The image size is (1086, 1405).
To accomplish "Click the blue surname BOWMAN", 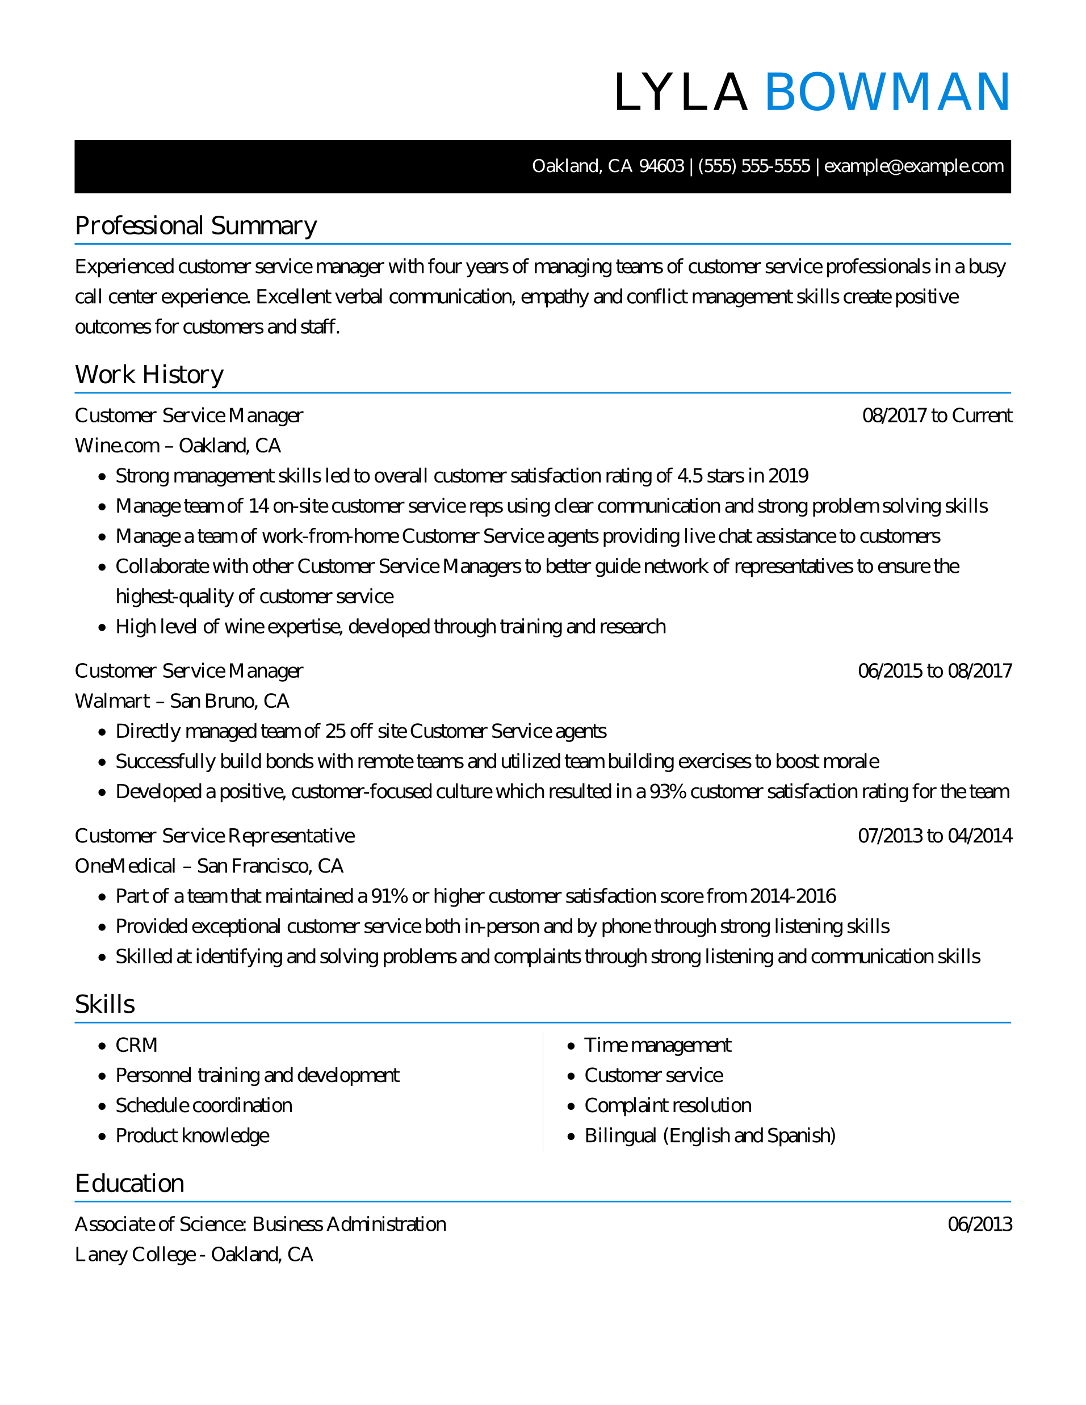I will tap(887, 93).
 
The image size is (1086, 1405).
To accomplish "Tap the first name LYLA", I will tap(681, 93).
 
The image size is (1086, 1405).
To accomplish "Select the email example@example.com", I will tap(913, 166).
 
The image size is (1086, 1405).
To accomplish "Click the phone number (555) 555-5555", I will tap(753, 166).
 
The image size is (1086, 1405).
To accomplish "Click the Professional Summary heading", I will tap(196, 226).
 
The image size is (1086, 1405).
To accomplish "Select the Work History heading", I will tap(149, 375).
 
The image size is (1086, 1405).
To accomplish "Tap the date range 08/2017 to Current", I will tap(937, 416).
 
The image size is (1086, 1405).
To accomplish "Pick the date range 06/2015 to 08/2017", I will tap(935, 671).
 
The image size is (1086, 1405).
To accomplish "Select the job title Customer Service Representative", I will tap(214, 836).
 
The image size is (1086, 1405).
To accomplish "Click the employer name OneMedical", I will tap(125, 866).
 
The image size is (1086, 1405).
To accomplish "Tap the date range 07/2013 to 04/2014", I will tap(935, 836).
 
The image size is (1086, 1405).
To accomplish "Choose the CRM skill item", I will tap(136, 1046).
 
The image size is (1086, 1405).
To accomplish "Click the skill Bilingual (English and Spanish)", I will tap(710, 1135).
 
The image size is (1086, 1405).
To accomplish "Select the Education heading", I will tap(129, 1183).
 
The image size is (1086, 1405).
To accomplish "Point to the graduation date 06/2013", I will tap(979, 1224).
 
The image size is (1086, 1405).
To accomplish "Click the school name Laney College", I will tap(135, 1255).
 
